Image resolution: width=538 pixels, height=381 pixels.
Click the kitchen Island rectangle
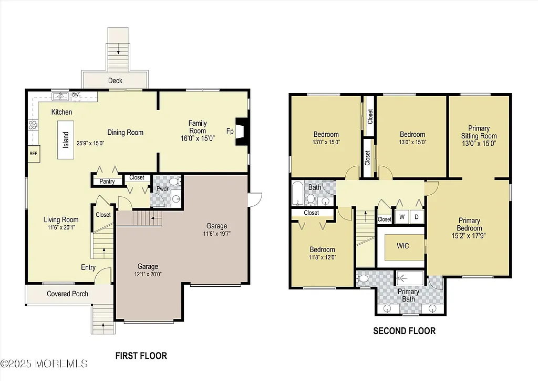(x=66, y=139)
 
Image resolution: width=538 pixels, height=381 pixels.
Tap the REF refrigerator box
(x=33, y=154)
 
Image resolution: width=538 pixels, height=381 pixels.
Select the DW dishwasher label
(x=75, y=95)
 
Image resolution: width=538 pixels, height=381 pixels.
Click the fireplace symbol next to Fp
(x=241, y=131)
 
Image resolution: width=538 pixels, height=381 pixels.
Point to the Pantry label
(x=107, y=182)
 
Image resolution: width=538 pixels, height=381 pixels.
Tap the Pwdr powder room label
(x=162, y=188)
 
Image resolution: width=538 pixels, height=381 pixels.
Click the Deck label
(x=116, y=81)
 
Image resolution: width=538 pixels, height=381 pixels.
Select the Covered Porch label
(x=68, y=294)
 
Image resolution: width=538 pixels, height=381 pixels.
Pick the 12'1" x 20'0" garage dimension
(x=148, y=274)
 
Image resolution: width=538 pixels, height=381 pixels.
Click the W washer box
(x=402, y=216)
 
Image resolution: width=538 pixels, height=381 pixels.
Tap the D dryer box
(x=417, y=216)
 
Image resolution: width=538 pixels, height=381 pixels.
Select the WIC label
(x=403, y=246)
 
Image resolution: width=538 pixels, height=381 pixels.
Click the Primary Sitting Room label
(x=479, y=132)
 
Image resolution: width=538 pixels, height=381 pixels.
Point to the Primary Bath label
(x=408, y=295)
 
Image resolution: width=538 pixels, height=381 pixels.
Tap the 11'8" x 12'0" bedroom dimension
(x=322, y=257)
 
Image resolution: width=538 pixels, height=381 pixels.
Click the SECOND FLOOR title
(x=404, y=331)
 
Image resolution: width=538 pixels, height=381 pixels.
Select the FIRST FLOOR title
(x=141, y=356)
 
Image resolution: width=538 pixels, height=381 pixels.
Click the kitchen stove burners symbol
(x=33, y=125)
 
